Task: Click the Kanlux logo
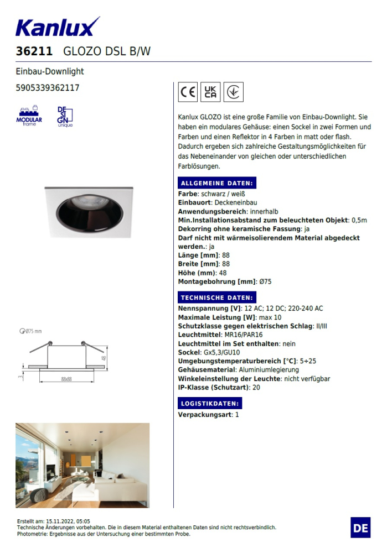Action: [58, 27]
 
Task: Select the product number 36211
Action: [34, 51]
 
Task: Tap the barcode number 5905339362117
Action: [48, 87]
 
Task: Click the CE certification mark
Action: [188, 92]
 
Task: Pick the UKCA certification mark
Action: [210, 92]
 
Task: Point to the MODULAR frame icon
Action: [29, 116]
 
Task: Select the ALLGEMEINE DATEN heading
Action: [216, 184]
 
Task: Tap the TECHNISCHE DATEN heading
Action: [216, 298]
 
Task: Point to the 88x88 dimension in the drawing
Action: [66, 379]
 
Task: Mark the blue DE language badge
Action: [360, 528]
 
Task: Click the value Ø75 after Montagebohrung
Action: [265, 281]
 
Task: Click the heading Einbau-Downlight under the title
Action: [50, 71]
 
